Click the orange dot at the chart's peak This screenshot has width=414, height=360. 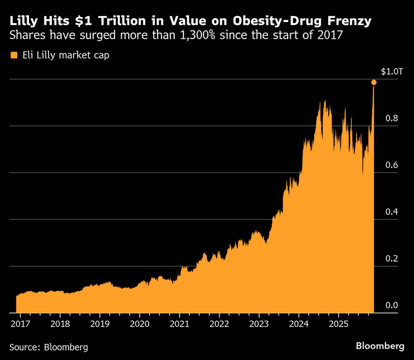374,82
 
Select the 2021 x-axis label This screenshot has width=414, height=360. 179,323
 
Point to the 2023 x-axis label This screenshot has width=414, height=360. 259,323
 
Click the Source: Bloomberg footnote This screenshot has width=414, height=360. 49,347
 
